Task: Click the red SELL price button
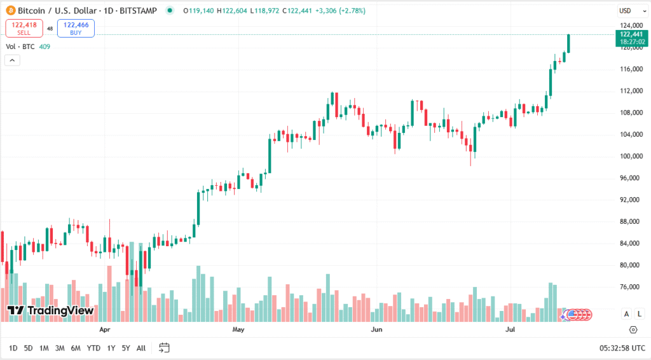24,28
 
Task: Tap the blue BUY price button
76,28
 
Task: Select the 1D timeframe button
13,348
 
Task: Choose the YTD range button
93,348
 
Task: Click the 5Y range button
126,348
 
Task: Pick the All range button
141,348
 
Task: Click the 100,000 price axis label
632,156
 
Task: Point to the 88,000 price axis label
632,221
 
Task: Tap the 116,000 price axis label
632,69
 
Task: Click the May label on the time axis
238,330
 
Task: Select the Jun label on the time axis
376,330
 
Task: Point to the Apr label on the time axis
105,330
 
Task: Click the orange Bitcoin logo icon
10,11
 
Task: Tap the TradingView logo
50,310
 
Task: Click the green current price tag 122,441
632,38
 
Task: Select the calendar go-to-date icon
164,348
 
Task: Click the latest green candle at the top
568,43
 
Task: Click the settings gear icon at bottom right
633,329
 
